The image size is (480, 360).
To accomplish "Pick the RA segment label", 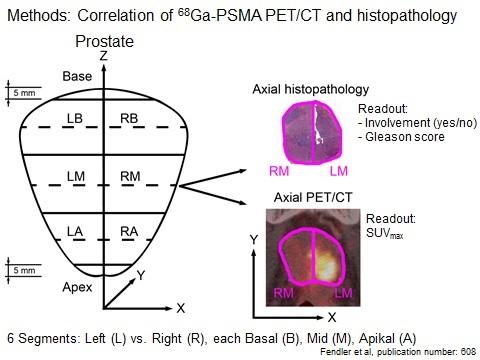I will (x=128, y=232).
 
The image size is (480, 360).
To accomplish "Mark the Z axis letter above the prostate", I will (x=103, y=58).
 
